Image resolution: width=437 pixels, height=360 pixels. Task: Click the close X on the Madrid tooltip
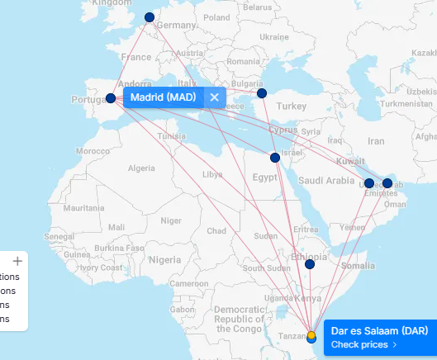(x=214, y=97)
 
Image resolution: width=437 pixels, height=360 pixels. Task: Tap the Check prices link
(x=364, y=344)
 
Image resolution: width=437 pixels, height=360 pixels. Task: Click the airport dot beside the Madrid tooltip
(x=111, y=98)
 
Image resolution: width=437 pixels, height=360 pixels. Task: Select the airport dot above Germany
(x=149, y=17)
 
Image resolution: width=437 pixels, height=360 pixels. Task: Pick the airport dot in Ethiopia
(x=310, y=264)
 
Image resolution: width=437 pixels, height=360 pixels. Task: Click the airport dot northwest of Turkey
(x=262, y=93)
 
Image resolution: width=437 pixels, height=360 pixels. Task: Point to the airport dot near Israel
(x=275, y=158)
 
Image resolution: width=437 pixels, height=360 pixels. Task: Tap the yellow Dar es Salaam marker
(x=311, y=335)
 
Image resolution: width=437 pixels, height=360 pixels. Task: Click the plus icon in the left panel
(x=17, y=260)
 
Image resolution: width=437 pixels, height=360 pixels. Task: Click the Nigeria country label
(x=164, y=259)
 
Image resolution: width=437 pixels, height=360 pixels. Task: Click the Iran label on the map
(x=376, y=141)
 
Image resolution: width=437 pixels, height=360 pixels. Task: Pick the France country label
(x=136, y=57)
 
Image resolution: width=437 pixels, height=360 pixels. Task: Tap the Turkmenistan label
(x=401, y=104)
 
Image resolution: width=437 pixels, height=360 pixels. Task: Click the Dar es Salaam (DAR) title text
(x=380, y=330)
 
